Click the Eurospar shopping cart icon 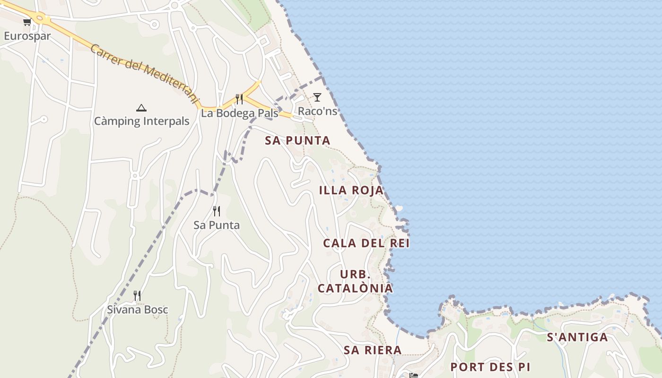coord(27,22)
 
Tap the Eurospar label coord(27,36)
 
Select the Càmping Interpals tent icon coord(141,108)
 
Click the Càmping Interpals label coord(141,121)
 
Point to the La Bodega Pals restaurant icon coord(239,99)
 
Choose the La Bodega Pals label coord(239,113)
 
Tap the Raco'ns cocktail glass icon coord(317,97)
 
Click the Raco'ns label coord(317,111)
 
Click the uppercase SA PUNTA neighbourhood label coord(297,140)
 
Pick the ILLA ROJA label coord(351,190)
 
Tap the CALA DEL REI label coord(366,243)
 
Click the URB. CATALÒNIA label coord(355,282)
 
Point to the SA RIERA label coord(373,350)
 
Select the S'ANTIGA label coord(577,337)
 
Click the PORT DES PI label coord(490,367)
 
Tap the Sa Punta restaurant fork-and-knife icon coord(217,211)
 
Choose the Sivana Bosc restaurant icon coord(137,296)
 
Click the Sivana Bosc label coord(137,310)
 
